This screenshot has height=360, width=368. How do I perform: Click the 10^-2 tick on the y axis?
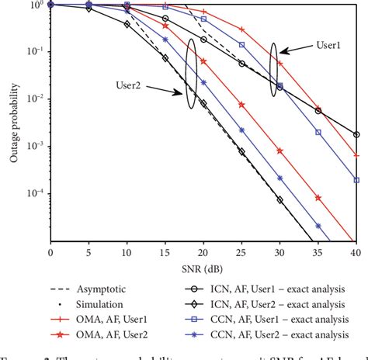point(33,99)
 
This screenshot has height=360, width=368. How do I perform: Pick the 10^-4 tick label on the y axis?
point(33,194)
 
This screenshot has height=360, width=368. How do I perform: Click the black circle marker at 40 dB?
point(356,134)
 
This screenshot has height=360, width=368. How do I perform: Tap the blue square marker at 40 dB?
point(356,179)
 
